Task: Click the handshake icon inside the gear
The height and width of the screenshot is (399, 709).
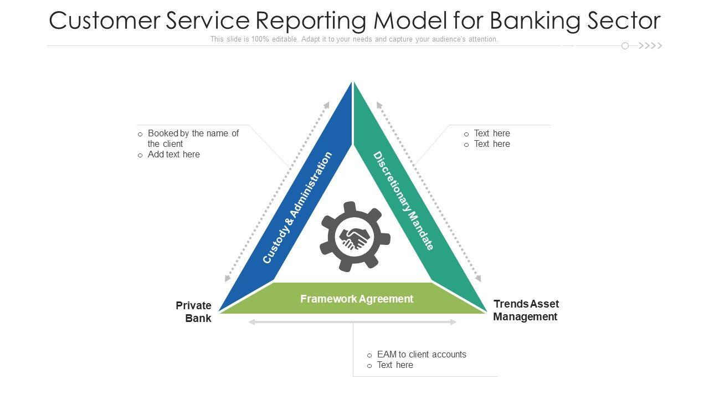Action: click(x=354, y=238)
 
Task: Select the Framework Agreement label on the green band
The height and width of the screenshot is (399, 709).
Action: click(x=357, y=299)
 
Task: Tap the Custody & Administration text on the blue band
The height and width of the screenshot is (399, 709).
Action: click(x=297, y=208)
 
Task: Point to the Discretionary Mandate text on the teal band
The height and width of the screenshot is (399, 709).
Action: click(x=403, y=201)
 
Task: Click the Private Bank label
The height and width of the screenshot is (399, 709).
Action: click(x=194, y=312)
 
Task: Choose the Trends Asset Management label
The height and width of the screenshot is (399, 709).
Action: click(x=526, y=310)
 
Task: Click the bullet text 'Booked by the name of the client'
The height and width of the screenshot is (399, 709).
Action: click(x=193, y=139)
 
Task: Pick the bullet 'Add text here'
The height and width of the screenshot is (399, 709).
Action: click(x=173, y=155)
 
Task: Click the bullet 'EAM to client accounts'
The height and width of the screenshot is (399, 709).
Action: click(x=422, y=355)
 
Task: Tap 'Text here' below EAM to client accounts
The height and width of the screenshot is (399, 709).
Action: click(x=395, y=365)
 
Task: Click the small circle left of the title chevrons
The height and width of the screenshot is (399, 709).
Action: click(x=625, y=46)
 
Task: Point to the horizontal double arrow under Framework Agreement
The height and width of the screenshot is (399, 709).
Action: click(x=353, y=322)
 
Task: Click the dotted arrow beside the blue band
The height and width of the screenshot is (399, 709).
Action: click(x=278, y=192)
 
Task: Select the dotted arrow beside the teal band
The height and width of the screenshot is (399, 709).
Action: click(x=429, y=192)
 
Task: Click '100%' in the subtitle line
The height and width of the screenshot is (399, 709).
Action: click(x=260, y=39)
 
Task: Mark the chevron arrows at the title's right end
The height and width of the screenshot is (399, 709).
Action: click(x=650, y=46)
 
